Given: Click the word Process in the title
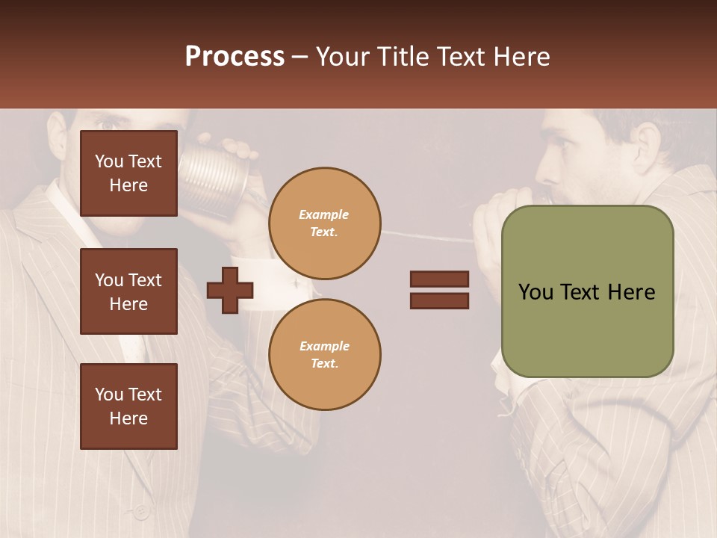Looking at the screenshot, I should pos(235,57).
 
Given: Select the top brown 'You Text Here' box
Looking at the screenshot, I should pos(128,173).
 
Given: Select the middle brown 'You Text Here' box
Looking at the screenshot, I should pos(128,291).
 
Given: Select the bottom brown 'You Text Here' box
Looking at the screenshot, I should pos(128,406).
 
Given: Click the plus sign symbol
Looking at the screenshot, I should pos(230,290).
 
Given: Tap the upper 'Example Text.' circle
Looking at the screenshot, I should pos(324,223).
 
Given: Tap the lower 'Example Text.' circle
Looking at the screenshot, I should pos(324,355).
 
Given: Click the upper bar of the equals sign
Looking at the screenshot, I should pos(439,279).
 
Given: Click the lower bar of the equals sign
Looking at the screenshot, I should pos(439,300).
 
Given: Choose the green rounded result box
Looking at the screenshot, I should pos(587,291).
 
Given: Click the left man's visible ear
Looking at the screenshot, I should pos(58,134).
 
